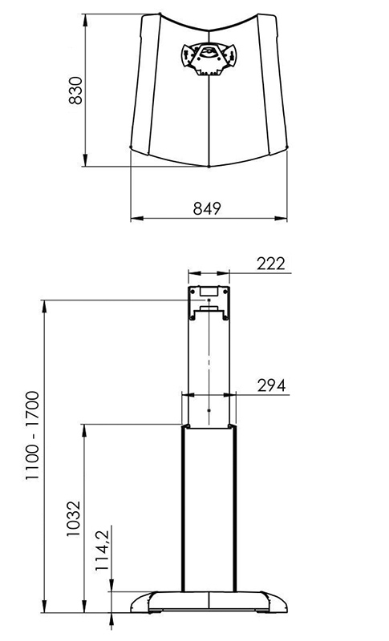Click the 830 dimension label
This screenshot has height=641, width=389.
click(x=75, y=91)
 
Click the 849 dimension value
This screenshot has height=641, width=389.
click(x=207, y=208)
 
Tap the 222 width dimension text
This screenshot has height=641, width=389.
click(x=271, y=264)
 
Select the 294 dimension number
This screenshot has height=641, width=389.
click(x=272, y=385)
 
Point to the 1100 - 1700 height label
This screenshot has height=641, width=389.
click(x=32, y=436)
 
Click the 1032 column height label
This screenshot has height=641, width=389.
click(x=74, y=518)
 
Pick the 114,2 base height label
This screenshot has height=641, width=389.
click(x=102, y=550)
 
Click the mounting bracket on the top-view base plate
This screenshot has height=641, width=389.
click(x=209, y=58)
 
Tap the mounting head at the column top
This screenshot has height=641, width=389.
click(x=209, y=304)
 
